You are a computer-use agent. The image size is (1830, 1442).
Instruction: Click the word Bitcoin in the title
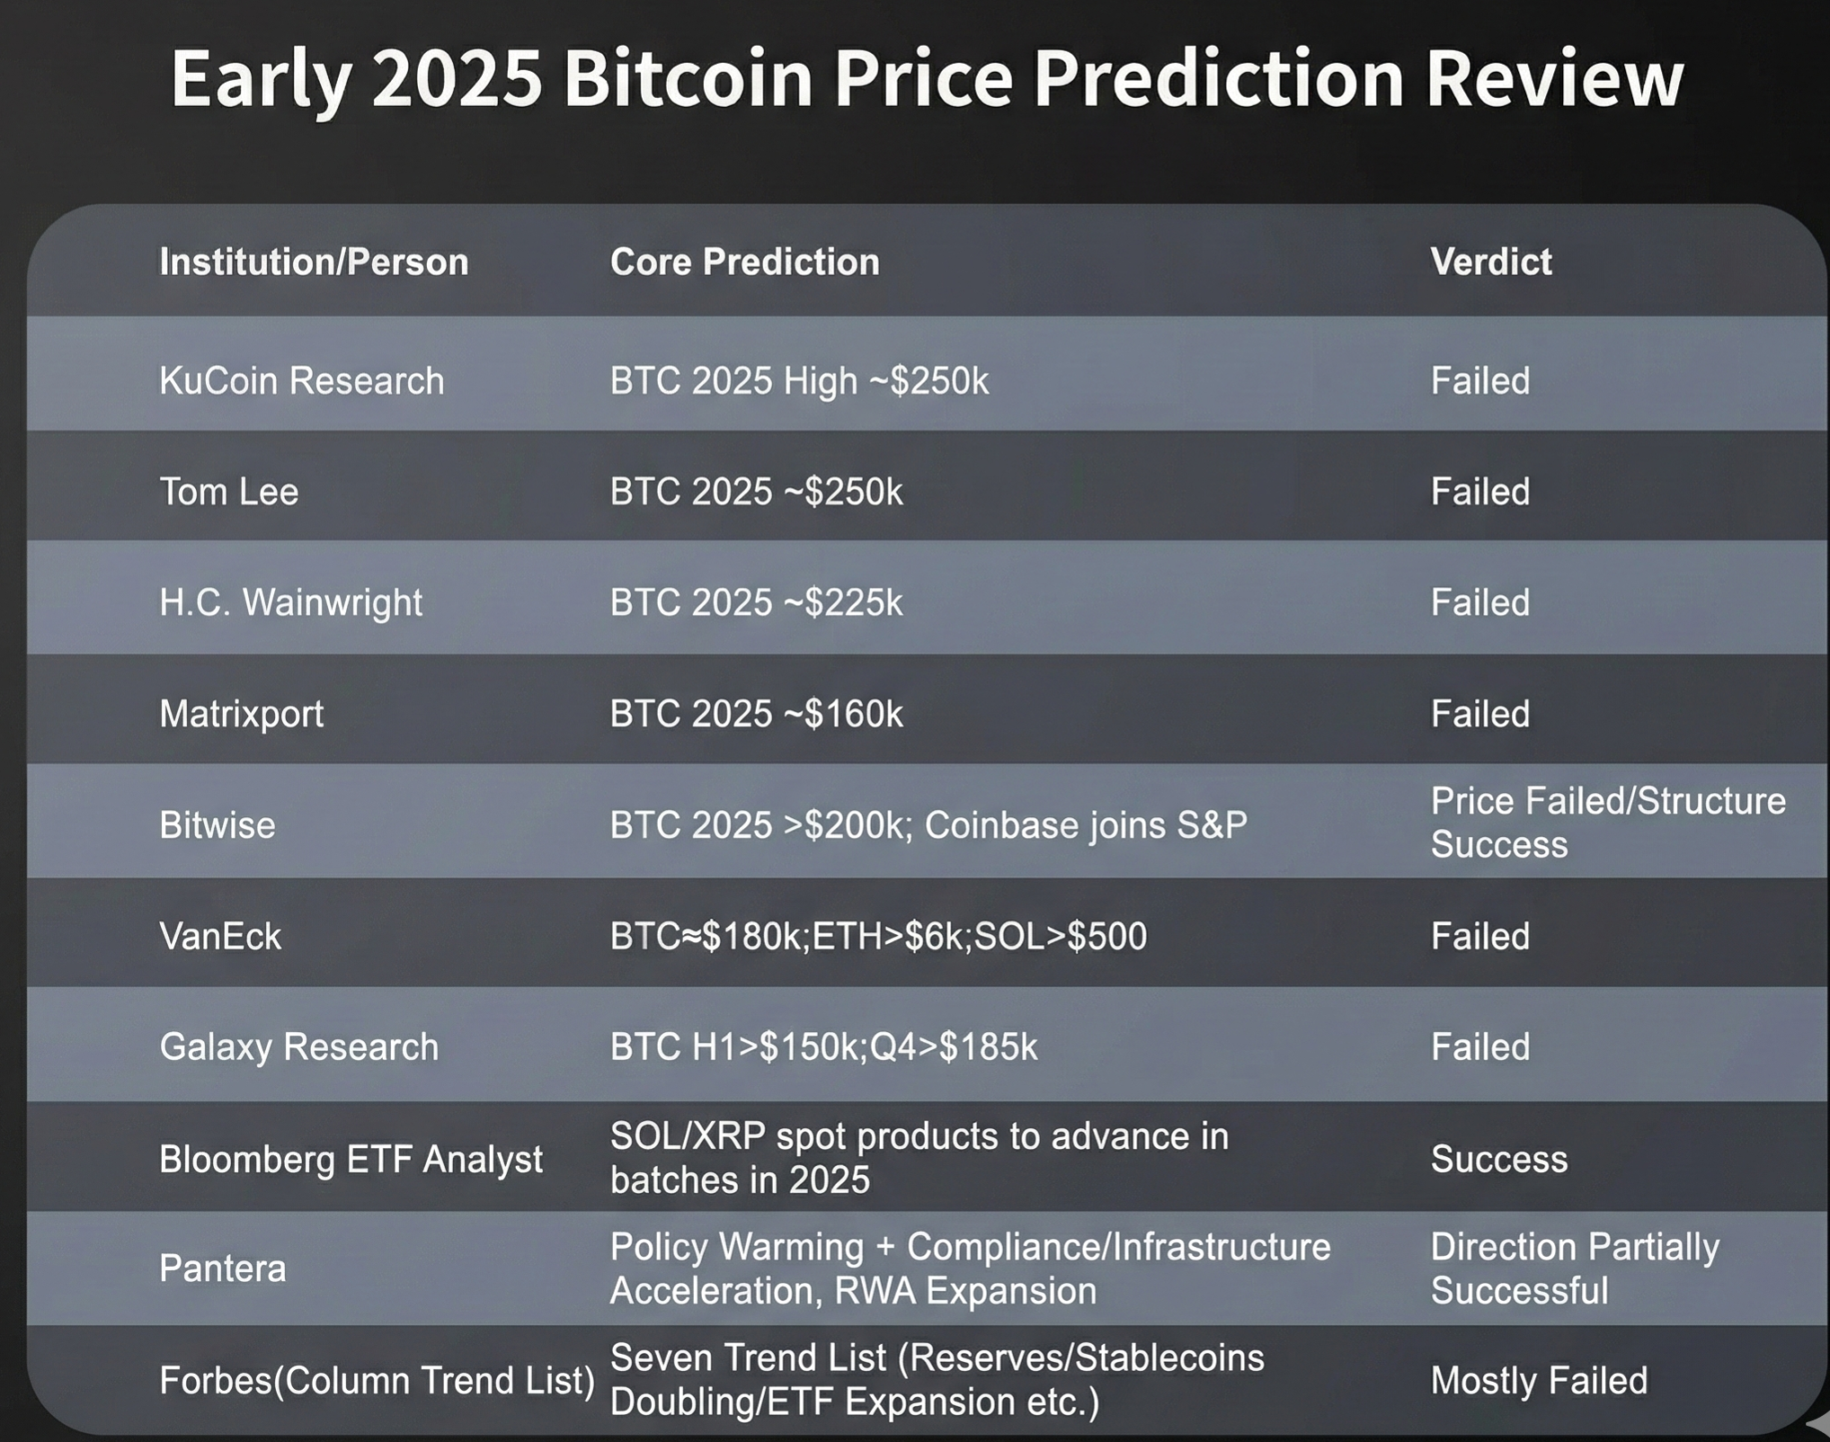tap(688, 78)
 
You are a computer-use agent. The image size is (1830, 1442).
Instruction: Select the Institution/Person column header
tap(314, 262)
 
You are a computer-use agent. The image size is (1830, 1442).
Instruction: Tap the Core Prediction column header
tap(744, 262)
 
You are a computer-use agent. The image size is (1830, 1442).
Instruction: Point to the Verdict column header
tap(1490, 262)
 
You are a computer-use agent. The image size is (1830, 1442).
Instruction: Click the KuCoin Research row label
tap(301, 380)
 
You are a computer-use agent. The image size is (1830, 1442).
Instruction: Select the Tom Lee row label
tap(228, 492)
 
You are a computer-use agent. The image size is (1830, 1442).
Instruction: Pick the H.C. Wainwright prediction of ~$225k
tap(756, 602)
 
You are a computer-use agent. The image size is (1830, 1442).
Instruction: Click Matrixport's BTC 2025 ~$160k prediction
tap(756, 714)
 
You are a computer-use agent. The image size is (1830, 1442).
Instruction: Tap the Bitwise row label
tap(217, 825)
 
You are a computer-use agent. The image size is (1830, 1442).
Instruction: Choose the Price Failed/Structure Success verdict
tap(1608, 823)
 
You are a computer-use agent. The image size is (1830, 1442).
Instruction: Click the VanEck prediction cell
tap(878, 937)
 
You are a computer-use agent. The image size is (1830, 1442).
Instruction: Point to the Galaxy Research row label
tap(298, 1047)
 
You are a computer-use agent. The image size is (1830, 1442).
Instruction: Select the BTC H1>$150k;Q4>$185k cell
tap(823, 1047)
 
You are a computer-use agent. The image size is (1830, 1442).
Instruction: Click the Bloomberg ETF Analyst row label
tap(351, 1159)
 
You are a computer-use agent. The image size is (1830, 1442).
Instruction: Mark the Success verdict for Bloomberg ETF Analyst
tap(1498, 1159)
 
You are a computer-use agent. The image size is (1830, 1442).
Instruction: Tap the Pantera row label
tap(222, 1268)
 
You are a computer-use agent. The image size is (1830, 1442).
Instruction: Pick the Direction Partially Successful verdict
tap(1575, 1268)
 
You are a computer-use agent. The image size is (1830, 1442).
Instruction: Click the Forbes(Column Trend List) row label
tap(377, 1380)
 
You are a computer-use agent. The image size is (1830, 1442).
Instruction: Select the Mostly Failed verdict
tap(1539, 1380)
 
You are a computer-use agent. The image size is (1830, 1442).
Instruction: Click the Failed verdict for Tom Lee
tap(1479, 492)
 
